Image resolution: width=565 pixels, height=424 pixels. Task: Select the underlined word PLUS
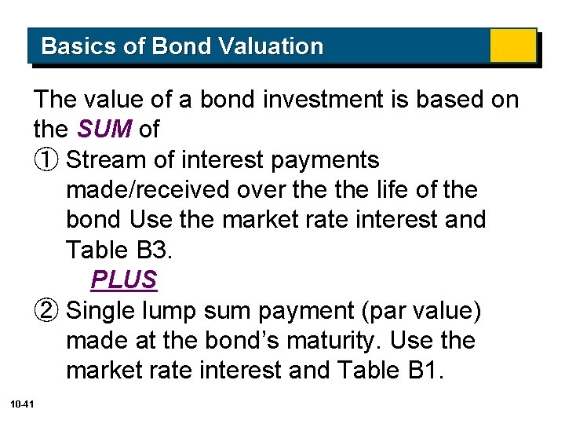(x=124, y=280)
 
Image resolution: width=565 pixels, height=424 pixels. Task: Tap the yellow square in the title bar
(x=512, y=46)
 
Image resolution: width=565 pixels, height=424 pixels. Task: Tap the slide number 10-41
(x=22, y=404)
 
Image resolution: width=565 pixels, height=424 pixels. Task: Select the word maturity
(x=339, y=341)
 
